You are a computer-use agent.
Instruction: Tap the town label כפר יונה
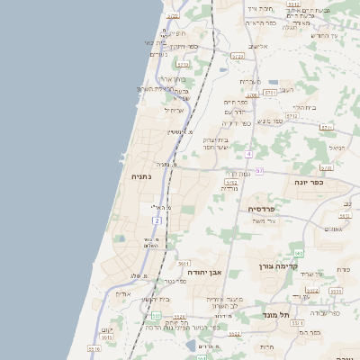click(x=308, y=181)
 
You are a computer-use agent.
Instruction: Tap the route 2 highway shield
click(x=157, y=220)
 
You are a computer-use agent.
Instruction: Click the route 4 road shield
click(x=248, y=154)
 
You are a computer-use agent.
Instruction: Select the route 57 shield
click(x=259, y=170)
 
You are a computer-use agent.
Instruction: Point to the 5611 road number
click(x=271, y=92)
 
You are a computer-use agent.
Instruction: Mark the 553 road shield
click(x=156, y=315)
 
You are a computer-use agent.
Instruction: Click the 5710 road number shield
click(x=183, y=65)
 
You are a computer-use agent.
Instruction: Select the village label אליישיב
click(x=257, y=46)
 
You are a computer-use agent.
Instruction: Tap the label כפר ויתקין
click(x=180, y=46)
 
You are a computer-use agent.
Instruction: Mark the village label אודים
click(x=123, y=293)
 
